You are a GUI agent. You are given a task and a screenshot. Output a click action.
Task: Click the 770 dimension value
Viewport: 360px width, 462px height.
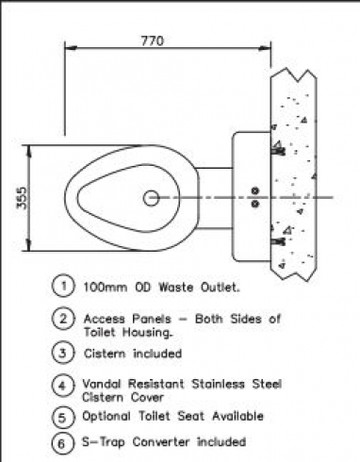tap(153, 41)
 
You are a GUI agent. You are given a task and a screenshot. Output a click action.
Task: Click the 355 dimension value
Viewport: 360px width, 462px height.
tap(22, 198)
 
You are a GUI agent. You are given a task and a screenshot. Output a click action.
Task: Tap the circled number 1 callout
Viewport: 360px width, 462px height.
tap(63, 286)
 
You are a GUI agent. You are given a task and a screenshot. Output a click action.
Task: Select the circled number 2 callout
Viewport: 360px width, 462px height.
tap(63, 319)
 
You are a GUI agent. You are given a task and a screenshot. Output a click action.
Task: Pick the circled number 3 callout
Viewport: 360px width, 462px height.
tap(63, 353)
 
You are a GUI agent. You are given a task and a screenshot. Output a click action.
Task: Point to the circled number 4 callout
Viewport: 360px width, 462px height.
tap(63, 385)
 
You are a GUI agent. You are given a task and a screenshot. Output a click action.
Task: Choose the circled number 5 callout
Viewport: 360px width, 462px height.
tap(63, 418)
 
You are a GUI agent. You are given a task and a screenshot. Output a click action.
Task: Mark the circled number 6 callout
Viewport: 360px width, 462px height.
tap(63, 443)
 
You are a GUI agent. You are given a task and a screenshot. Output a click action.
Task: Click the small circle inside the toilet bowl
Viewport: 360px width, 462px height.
tap(151, 198)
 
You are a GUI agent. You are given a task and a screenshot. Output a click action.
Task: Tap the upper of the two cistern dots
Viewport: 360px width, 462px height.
tap(255, 190)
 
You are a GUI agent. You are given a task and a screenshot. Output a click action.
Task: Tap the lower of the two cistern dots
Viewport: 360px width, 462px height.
tap(255, 204)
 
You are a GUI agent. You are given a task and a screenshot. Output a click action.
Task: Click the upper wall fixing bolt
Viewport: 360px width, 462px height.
tap(278, 152)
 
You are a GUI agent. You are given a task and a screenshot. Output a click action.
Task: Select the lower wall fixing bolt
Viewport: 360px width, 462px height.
tap(278, 241)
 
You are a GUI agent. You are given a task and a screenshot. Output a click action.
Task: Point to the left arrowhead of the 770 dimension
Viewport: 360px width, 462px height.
tap(71, 48)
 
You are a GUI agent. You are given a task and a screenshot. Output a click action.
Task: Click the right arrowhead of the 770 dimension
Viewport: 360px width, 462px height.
tap(265, 48)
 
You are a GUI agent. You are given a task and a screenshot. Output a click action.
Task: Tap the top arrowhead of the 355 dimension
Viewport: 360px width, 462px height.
tap(29, 151)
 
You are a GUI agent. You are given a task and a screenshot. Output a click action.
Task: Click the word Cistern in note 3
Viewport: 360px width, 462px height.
tap(105, 354)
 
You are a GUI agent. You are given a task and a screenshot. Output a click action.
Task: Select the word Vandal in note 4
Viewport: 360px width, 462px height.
tap(102, 384)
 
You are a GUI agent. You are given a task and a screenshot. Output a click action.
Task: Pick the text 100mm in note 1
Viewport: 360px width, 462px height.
tap(106, 288)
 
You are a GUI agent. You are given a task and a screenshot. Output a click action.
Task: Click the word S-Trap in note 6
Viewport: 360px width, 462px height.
tap(104, 442)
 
